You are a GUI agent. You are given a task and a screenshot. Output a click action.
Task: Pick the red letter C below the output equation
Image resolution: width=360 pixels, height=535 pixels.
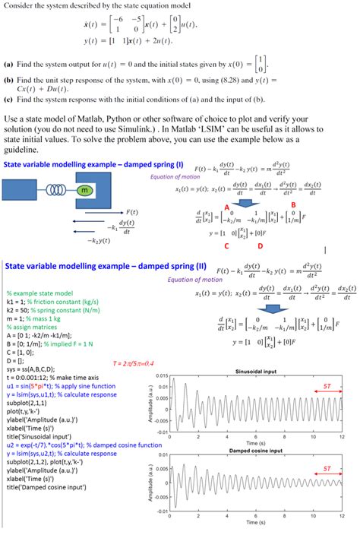226,246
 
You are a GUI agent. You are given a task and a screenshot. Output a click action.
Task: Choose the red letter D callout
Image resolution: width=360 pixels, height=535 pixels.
261,246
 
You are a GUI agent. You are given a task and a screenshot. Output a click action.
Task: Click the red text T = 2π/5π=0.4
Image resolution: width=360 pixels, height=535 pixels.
138,362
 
